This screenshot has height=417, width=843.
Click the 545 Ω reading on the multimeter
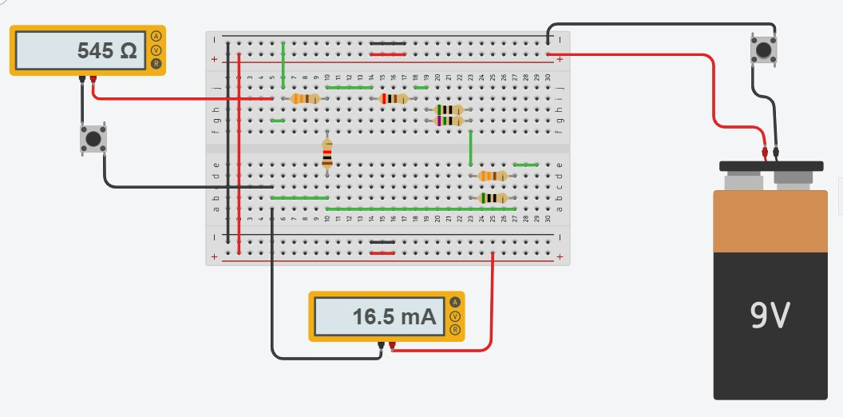point(107,51)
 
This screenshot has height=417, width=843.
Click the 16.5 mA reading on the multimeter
point(394,317)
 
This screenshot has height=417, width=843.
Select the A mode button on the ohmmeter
point(156,37)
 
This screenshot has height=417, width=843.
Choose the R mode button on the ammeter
point(455,329)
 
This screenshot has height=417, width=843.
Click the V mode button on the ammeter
point(455,316)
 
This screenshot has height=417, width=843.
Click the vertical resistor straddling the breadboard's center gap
point(327,153)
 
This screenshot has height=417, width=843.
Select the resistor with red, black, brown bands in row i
point(394,98)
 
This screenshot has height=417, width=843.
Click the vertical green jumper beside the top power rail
point(283,54)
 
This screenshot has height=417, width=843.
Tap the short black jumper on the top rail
point(387,43)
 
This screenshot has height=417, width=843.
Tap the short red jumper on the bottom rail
point(382,252)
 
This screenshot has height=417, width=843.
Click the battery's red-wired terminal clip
point(764,152)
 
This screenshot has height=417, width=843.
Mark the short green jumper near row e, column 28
point(525,165)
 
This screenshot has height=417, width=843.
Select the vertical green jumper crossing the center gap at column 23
point(471,147)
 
